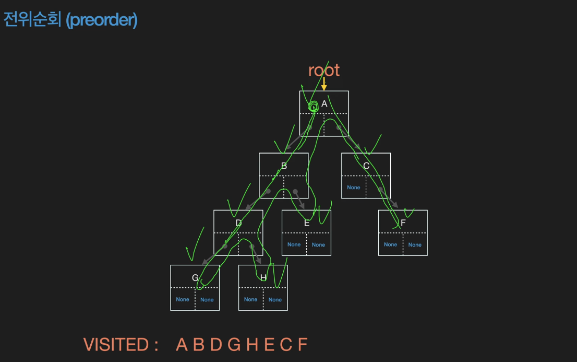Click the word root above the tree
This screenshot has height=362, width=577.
tap(324, 70)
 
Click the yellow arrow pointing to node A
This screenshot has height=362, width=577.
tap(324, 84)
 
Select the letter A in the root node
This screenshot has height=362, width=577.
tap(324, 104)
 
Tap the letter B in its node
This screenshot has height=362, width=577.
tap(284, 166)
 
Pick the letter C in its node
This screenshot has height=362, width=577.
tap(366, 166)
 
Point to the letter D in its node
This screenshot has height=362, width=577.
tap(238, 223)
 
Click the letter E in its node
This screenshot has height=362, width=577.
tap(307, 223)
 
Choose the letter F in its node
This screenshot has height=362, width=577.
tap(403, 223)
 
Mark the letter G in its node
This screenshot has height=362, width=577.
tap(195, 278)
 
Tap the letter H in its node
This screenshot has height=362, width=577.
tap(263, 278)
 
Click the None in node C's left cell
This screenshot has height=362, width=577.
tap(354, 188)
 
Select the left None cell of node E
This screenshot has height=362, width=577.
tap(294, 244)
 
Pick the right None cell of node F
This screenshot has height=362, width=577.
tap(415, 244)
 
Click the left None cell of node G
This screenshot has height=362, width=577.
tap(183, 299)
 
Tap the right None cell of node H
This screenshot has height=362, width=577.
tap(275, 299)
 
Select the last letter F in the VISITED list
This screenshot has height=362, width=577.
tap(303, 345)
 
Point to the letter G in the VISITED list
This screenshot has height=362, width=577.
tap(234, 345)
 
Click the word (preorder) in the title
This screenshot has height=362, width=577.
tap(102, 20)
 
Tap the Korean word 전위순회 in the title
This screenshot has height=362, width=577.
tap(32, 20)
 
